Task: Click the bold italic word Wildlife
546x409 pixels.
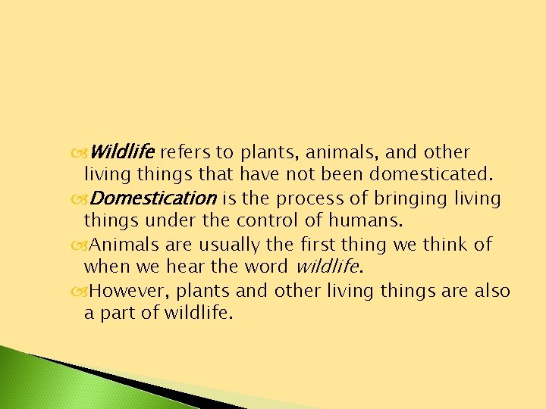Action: click(122, 152)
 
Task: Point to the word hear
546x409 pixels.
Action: click(177, 267)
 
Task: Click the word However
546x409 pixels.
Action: click(126, 291)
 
